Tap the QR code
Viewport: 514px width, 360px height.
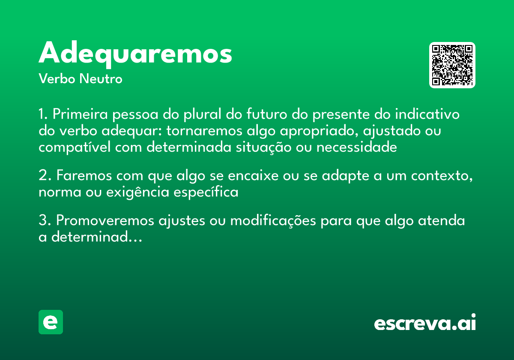click(x=452, y=65)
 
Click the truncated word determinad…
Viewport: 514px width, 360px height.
click(x=96, y=237)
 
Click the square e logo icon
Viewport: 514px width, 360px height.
click(x=51, y=322)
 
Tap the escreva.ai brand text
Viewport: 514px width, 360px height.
click(x=425, y=323)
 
